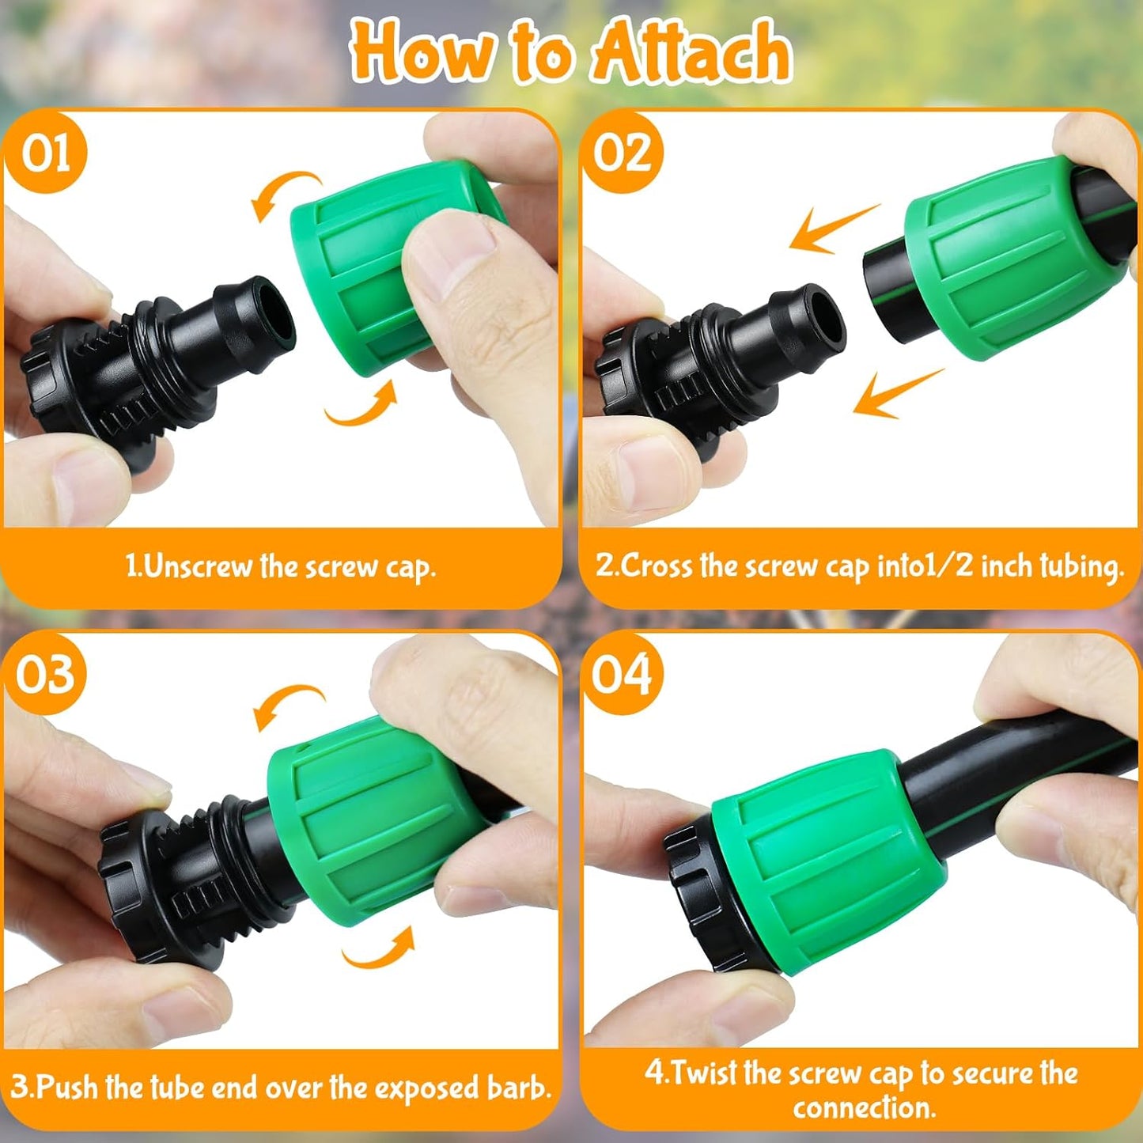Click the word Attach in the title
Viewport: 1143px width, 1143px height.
point(691,52)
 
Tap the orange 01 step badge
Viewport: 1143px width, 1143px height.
point(45,152)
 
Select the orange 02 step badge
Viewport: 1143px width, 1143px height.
point(623,152)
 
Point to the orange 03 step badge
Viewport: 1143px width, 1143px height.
point(45,674)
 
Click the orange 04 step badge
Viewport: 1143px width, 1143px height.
point(623,674)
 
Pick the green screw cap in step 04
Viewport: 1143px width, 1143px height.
point(823,862)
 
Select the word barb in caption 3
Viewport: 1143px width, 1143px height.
point(518,1088)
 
